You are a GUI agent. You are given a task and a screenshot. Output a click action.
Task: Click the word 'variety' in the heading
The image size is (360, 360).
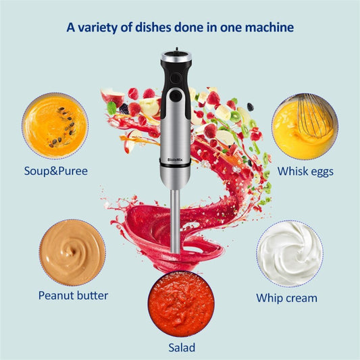[x=96, y=28]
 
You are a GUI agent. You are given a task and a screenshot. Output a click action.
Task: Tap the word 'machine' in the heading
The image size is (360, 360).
[x=269, y=28]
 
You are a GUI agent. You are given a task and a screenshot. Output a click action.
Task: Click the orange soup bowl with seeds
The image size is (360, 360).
[x=54, y=126]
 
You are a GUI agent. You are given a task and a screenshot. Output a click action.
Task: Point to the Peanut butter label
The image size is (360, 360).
[x=73, y=295]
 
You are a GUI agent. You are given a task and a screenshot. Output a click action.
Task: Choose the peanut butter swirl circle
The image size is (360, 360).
[x=72, y=252]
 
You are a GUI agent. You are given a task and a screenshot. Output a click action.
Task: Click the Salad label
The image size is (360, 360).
[x=182, y=348]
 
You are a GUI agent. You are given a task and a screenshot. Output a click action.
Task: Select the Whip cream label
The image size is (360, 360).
[x=286, y=297]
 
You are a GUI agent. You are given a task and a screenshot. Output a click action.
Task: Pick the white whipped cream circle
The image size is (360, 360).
[x=289, y=253]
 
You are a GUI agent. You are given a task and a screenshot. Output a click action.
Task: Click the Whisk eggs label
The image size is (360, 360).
[x=305, y=172]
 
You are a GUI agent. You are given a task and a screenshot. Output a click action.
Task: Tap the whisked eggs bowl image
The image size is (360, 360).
[x=304, y=126]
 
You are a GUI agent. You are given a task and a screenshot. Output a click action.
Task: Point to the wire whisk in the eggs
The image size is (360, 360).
[x=314, y=115]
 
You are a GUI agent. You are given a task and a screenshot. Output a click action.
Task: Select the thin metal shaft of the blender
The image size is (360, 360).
[x=176, y=220]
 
